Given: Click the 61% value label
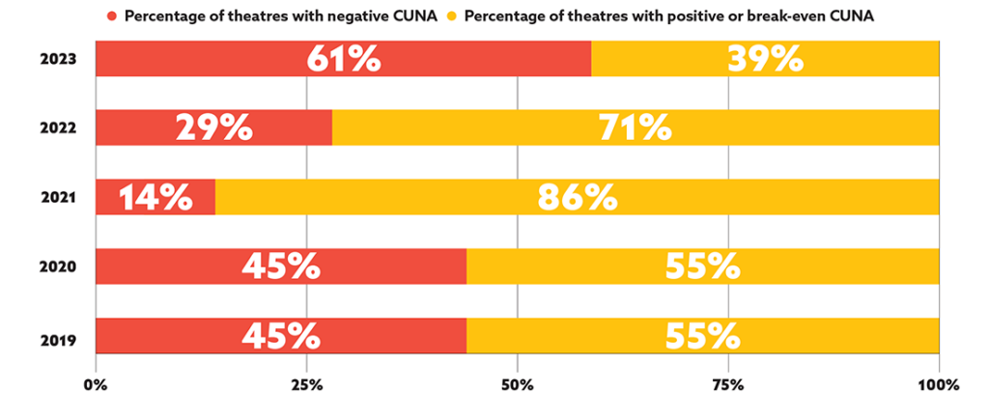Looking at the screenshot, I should (x=344, y=59).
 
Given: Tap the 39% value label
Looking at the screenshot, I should (x=766, y=59).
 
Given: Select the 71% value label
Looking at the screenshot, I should (x=635, y=127).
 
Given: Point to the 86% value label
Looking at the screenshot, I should (x=578, y=197).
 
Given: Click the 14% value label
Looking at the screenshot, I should (x=155, y=197).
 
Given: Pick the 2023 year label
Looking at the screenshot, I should (x=59, y=60).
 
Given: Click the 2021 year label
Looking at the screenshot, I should (x=59, y=198).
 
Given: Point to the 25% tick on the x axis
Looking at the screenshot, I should (x=306, y=386).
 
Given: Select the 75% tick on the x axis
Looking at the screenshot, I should (x=728, y=386).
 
